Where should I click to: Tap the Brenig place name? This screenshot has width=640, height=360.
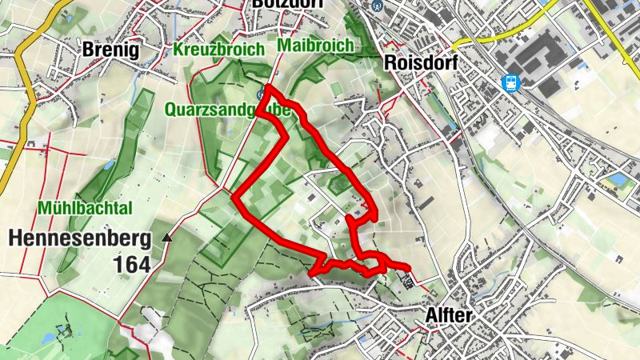click(110, 50)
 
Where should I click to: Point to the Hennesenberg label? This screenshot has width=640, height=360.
click(79, 238)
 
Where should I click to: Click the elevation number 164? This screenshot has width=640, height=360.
click(131, 265)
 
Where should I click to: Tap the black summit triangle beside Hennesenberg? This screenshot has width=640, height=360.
click(166, 238)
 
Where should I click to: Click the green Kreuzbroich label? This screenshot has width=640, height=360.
click(218, 50)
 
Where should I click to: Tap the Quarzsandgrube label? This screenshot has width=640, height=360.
click(227, 109)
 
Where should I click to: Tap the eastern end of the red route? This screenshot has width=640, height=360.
click(408, 269)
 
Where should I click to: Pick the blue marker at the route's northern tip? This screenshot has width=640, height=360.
click(261, 94)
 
